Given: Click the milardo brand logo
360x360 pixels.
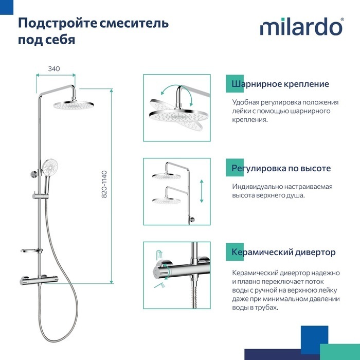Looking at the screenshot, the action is [302, 27].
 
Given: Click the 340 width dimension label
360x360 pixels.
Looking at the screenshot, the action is [54, 68].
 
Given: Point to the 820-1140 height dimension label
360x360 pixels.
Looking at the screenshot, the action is [104, 184].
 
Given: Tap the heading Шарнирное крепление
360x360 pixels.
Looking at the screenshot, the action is [280, 84].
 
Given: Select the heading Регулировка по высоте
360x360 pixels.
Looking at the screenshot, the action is [281, 168].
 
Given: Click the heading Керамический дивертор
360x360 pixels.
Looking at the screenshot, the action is [283, 252].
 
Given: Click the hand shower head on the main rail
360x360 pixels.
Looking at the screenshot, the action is [50, 167].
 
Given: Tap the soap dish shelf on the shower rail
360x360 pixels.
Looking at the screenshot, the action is [31, 251].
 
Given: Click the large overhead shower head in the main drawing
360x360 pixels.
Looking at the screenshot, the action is [74, 105].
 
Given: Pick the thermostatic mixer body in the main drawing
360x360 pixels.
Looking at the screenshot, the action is [39, 279].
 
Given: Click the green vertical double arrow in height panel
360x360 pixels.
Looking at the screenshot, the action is [202, 191].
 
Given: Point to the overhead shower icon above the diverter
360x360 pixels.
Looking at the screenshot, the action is [160, 254].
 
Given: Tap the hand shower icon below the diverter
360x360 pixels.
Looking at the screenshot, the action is [160, 285].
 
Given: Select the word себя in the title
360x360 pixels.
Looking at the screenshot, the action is [60, 40].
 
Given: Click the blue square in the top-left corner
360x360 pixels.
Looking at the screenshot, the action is [7, 7].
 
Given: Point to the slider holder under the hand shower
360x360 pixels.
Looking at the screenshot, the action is [40, 196].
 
